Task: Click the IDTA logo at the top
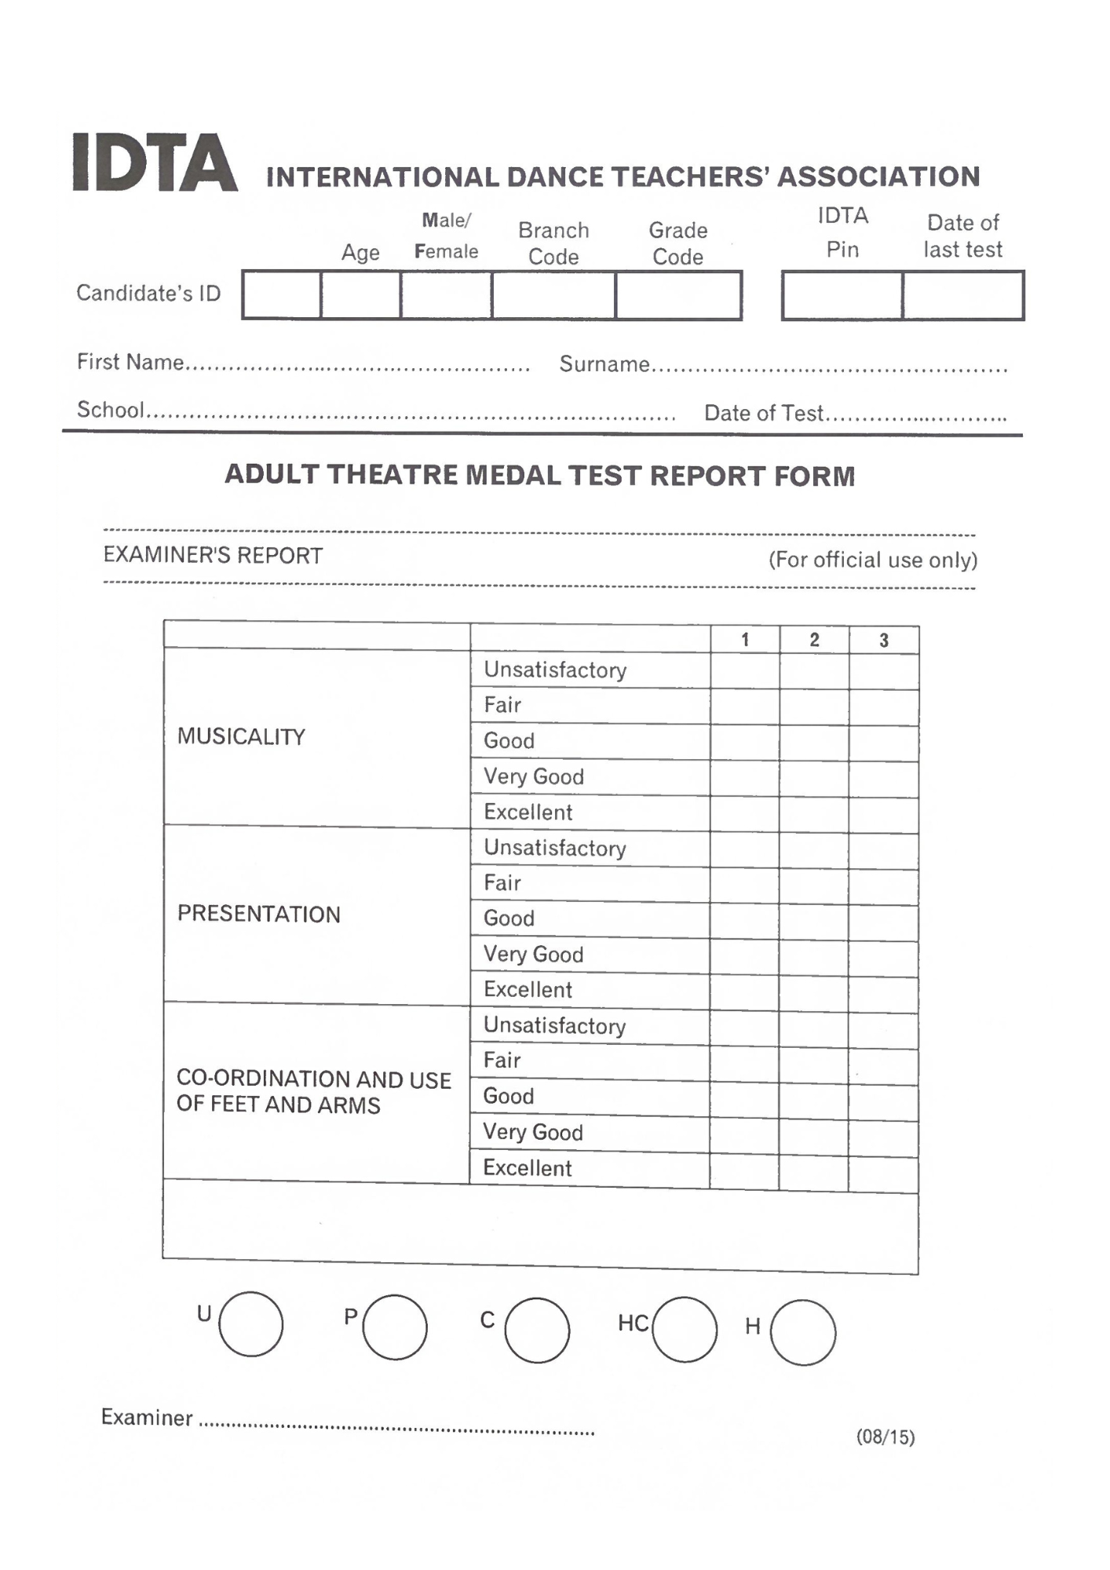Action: [x=155, y=162]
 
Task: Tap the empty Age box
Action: [x=360, y=295]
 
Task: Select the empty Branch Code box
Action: [x=553, y=295]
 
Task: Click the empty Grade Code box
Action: [x=678, y=295]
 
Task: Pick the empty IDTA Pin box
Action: [x=842, y=296]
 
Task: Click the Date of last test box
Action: [x=963, y=296]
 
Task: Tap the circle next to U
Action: [x=250, y=1324]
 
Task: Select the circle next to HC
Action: [x=685, y=1329]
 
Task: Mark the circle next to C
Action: [x=537, y=1330]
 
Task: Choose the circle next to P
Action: [x=395, y=1327]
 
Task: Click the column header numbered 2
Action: [x=814, y=640]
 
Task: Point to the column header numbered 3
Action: [x=884, y=641]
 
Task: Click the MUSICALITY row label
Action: [x=241, y=736]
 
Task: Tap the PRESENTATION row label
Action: [x=259, y=914]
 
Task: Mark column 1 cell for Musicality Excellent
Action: [x=744, y=814]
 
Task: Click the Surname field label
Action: [x=604, y=364]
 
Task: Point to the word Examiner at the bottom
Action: [x=147, y=1417]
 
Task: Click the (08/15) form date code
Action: [x=885, y=1437]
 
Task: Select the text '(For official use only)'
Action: [x=873, y=560]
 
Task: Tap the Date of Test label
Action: [x=763, y=413]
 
